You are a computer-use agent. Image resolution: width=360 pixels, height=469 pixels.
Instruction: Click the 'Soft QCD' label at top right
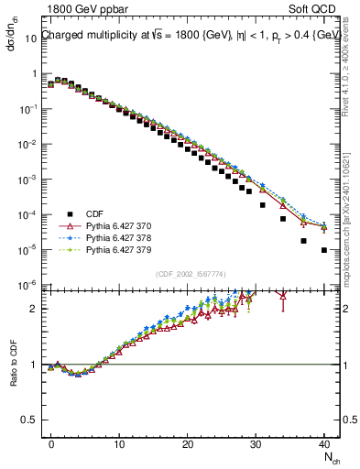click(313, 9)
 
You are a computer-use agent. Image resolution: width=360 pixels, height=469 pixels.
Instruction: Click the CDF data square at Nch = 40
click(324, 250)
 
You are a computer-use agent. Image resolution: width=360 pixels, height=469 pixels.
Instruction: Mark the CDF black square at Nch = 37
click(303, 241)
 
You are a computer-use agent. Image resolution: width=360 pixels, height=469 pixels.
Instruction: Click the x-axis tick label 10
click(119, 442)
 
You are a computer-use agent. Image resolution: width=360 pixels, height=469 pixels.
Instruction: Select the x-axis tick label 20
click(188, 442)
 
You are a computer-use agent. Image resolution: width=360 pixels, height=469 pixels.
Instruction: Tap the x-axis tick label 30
click(256, 442)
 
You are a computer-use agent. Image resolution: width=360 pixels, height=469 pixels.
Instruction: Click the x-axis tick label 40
click(324, 442)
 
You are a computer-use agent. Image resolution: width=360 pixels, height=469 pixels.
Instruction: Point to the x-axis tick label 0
click(51, 442)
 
